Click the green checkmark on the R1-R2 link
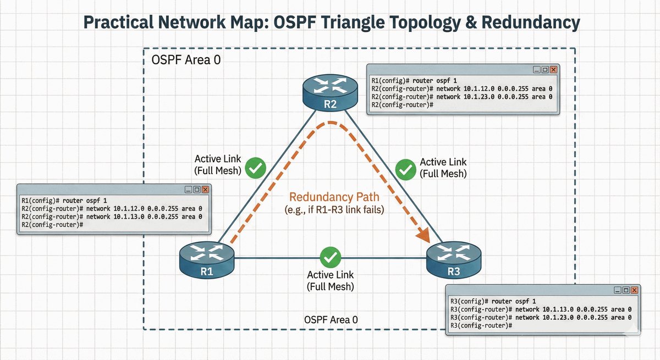[255, 168]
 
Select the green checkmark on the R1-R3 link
[331, 257]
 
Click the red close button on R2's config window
[553, 70]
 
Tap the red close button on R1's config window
[205, 190]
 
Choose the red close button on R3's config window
[636, 290]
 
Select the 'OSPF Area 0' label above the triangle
[186, 60]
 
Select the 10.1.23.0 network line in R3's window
[541, 317]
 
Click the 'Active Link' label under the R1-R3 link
[330, 275]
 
